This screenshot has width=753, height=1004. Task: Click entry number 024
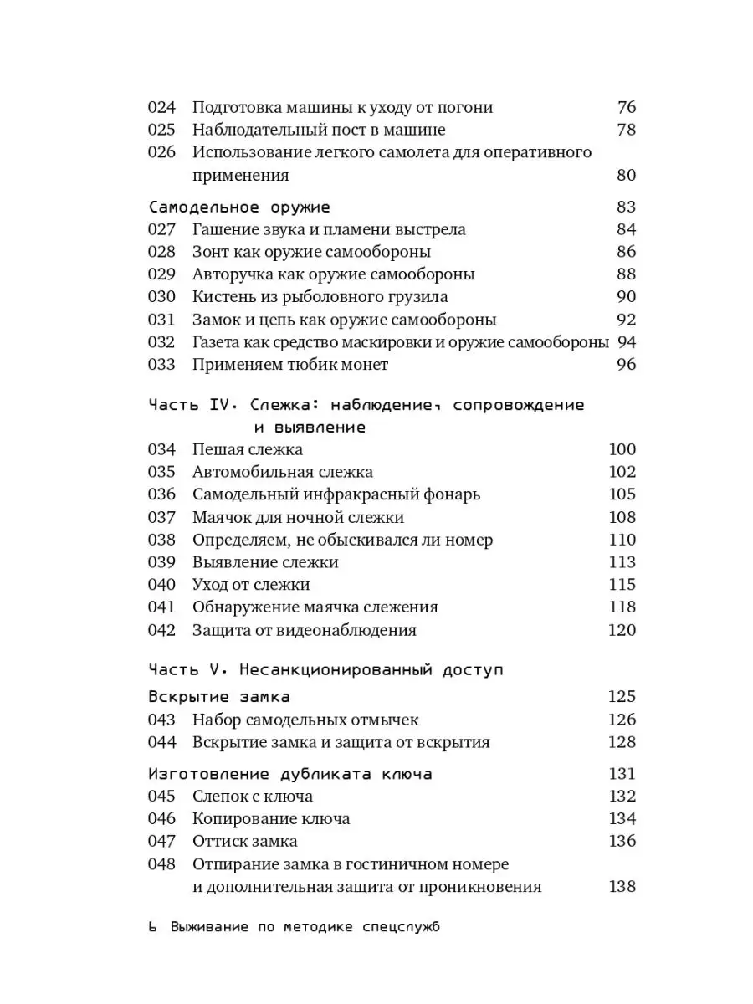coord(161,107)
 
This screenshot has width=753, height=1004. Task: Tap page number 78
coord(626,130)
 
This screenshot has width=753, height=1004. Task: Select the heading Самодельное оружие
coord(239,207)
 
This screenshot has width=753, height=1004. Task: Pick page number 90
coord(626,297)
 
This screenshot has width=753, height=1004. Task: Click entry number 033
coord(161,364)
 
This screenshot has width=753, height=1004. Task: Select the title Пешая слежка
coord(248,450)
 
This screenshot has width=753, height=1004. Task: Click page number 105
coord(622,494)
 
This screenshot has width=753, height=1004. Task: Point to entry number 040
coord(161,585)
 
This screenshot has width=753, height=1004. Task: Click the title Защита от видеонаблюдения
coord(305,630)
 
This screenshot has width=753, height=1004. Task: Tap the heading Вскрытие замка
coord(219,696)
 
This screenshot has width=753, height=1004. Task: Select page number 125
coord(622,696)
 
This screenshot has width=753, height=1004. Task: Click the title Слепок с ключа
coord(253,797)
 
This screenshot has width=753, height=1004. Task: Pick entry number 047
coord(161,841)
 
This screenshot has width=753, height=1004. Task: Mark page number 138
coord(622,887)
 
